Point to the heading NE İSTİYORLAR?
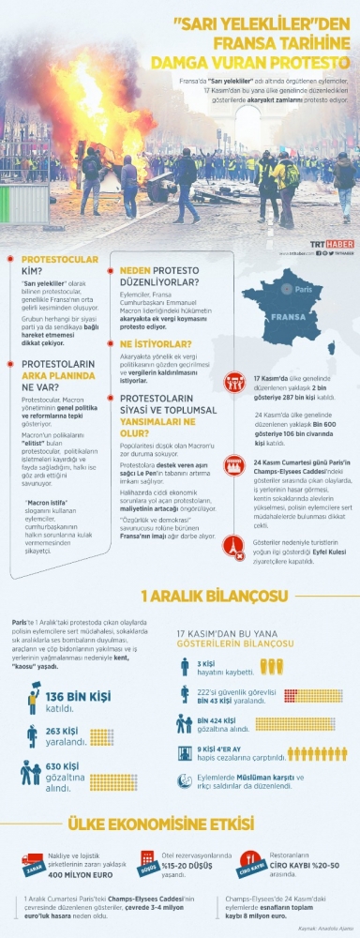148,344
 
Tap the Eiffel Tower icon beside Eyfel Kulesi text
233,544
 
